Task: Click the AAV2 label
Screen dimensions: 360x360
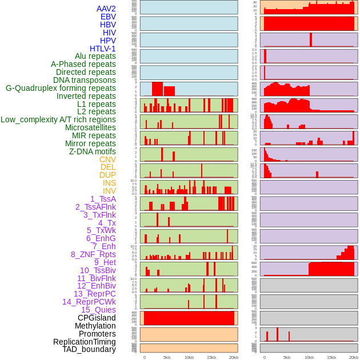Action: [106, 9]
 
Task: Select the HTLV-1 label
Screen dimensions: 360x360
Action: [102, 49]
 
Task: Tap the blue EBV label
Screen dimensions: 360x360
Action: [108, 17]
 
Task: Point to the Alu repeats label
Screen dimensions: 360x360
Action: [95, 56]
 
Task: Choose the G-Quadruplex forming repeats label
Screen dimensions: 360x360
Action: [61, 88]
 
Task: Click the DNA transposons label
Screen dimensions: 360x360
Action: [85, 80]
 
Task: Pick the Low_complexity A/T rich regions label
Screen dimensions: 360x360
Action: [58, 119]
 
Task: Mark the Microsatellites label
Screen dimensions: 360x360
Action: [90, 127]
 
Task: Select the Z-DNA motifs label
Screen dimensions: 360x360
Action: [92, 151]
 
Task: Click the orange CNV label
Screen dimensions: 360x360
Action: [107, 159]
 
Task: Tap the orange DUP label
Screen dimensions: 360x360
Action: [107, 175]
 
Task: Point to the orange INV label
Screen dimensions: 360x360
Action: [109, 191]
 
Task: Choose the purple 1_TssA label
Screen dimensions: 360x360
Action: [103, 199]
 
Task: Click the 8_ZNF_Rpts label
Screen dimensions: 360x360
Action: [93, 254]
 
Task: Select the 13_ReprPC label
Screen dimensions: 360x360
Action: [94, 294]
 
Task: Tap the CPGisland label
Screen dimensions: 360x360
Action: [97, 318]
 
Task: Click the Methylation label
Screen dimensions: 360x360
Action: [95, 326]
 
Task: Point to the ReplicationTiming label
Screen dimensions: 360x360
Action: [84, 342]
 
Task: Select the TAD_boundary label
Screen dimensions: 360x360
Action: [89, 349]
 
